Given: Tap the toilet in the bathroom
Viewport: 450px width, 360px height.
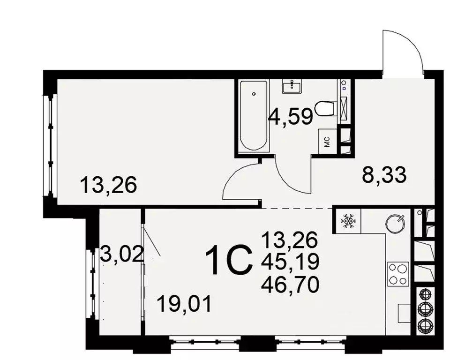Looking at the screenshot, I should (x=325, y=108).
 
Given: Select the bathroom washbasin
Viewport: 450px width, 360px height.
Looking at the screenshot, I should (x=292, y=85).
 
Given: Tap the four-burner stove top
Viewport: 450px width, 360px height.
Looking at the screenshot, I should (x=397, y=273).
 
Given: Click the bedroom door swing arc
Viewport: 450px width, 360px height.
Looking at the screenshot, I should (x=239, y=180).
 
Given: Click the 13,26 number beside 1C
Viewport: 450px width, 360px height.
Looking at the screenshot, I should (x=291, y=241).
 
